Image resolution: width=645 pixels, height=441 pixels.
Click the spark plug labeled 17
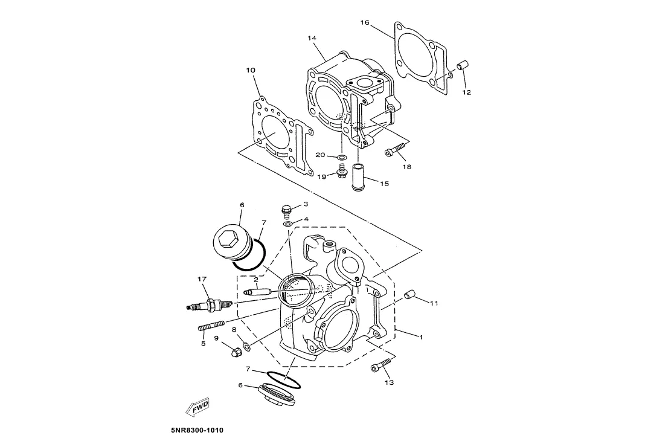coord(210,305)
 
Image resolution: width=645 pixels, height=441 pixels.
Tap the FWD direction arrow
coord(198,407)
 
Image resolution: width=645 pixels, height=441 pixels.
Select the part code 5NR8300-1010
coord(197,430)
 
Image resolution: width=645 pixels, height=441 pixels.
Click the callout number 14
coord(312,38)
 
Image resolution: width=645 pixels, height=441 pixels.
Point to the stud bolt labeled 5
coord(211,327)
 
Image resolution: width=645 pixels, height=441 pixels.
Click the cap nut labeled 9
coord(236,352)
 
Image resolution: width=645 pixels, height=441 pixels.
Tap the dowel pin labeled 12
coord(463,65)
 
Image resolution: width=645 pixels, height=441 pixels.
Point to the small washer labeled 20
coord(341,157)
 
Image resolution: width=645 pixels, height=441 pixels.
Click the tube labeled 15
coord(358,177)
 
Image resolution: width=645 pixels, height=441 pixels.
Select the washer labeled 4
coord(288,224)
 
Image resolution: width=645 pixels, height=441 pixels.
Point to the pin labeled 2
coord(256,292)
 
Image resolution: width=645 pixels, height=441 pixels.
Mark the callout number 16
coord(365,22)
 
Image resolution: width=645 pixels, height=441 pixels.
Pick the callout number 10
coord(251,70)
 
